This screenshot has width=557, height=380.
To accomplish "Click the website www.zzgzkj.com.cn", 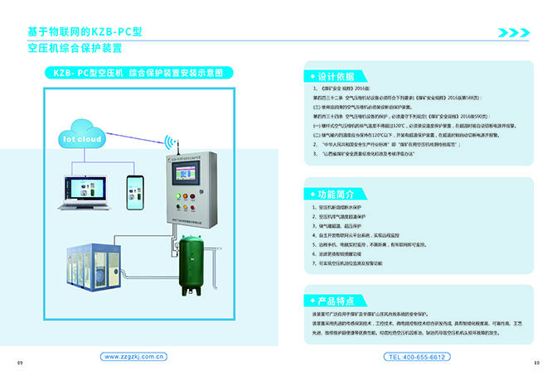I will [136, 357].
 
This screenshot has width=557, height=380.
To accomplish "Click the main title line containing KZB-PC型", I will [85, 32].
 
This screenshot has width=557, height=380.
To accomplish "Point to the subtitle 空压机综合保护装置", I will [74, 49].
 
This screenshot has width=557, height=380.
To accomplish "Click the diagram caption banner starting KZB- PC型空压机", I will [138, 73].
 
